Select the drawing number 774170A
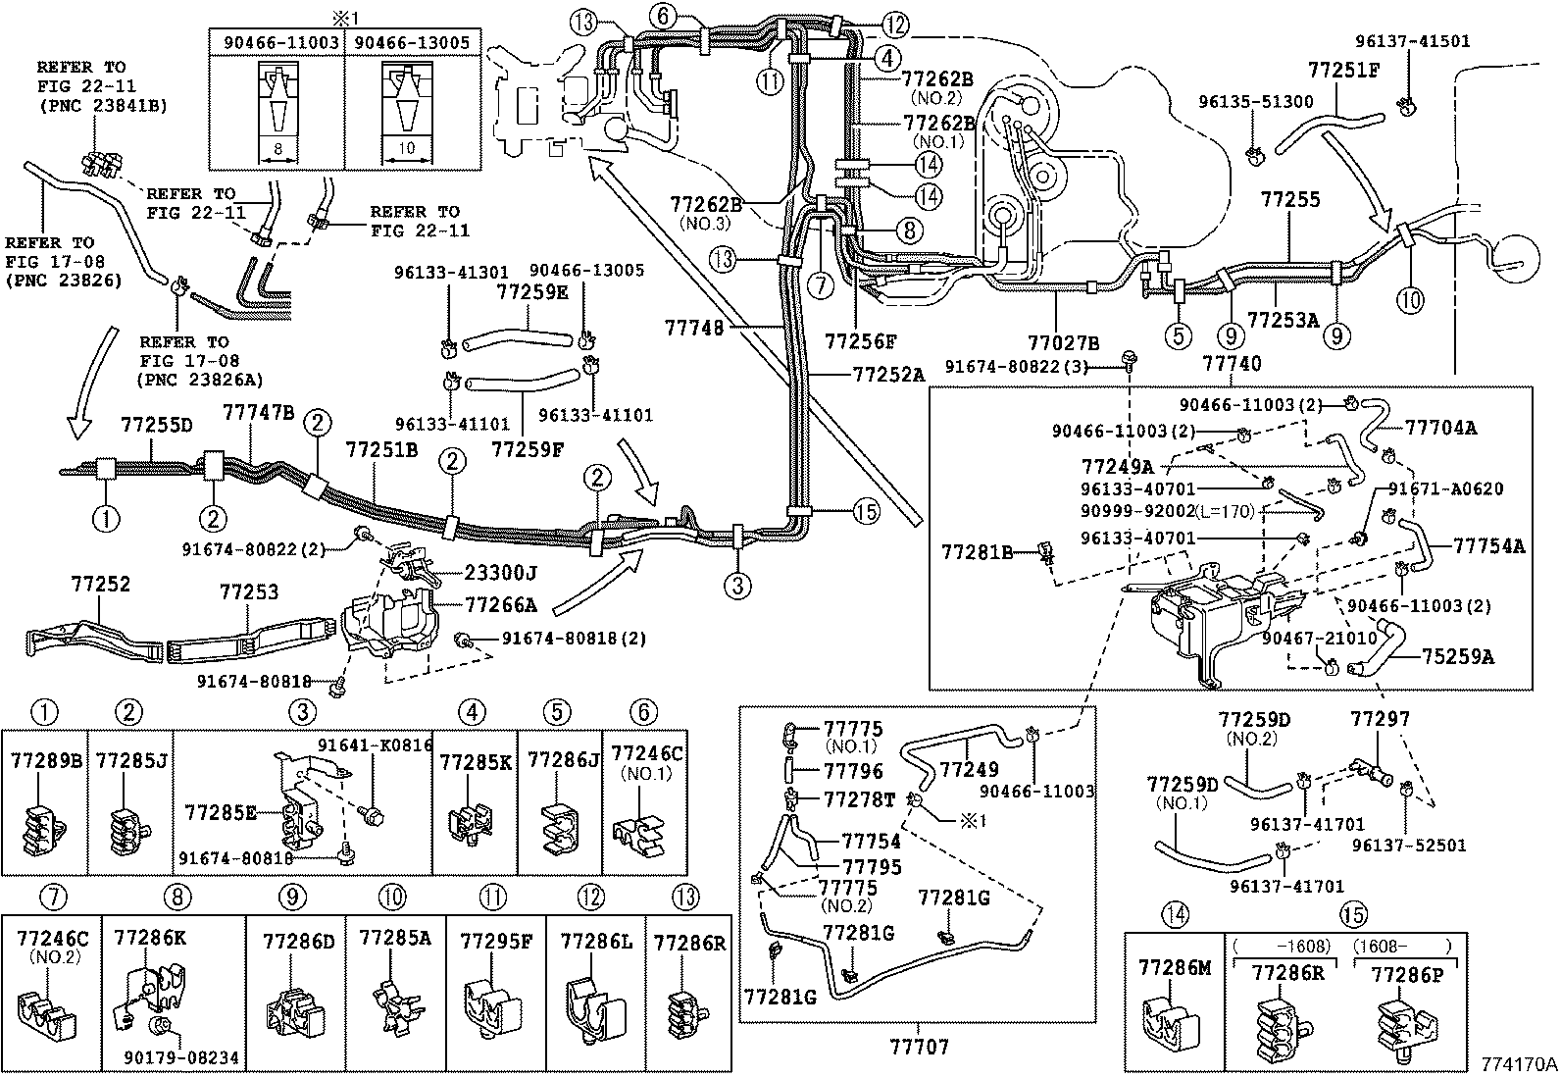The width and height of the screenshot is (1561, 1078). (1518, 1063)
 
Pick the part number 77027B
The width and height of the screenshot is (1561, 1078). (1063, 342)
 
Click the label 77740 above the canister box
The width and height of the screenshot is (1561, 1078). (1232, 364)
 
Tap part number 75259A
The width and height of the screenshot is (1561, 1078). (1460, 656)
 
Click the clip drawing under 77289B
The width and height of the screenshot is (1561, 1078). (43, 830)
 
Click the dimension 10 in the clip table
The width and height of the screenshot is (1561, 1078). (408, 148)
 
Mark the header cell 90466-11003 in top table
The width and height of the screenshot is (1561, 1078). (277, 43)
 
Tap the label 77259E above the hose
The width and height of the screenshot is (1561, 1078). (530, 291)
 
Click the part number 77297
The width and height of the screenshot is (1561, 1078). (1380, 720)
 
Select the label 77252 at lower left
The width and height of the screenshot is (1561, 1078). (100, 585)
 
